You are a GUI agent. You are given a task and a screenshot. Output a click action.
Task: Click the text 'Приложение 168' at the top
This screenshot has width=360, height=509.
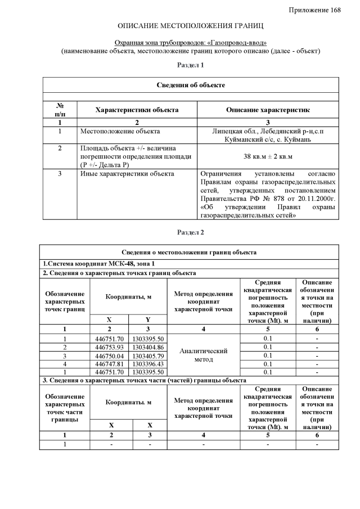click(315, 11)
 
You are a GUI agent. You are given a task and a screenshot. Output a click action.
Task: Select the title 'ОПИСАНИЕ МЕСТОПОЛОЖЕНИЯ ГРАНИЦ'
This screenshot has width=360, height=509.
click(191, 26)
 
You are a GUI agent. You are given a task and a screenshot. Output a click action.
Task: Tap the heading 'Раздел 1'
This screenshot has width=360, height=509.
click(191, 65)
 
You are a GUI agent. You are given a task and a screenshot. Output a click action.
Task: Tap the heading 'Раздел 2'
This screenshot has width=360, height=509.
click(191, 232)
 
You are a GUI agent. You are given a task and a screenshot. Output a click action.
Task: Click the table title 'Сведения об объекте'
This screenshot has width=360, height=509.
click(191, 85)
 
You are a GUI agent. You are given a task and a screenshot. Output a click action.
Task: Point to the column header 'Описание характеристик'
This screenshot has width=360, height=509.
click(268, 110)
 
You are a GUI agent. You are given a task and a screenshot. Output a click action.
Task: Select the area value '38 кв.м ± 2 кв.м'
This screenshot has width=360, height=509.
click(268, 156)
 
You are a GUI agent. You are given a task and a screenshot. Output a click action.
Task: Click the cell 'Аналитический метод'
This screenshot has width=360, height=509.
click(203, 355)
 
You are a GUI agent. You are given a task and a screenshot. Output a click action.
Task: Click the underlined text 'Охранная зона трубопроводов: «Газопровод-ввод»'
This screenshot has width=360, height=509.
click(191, 43)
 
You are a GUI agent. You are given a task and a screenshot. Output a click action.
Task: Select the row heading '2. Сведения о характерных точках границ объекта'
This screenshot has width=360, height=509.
click(120, 273)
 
